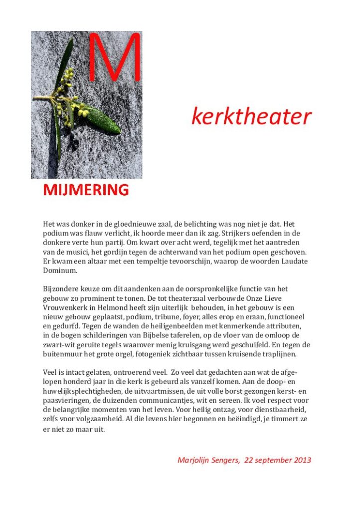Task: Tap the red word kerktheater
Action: tap(251, 117)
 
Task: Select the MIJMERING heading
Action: tap(86, 190)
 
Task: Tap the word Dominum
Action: tap(60, 270)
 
